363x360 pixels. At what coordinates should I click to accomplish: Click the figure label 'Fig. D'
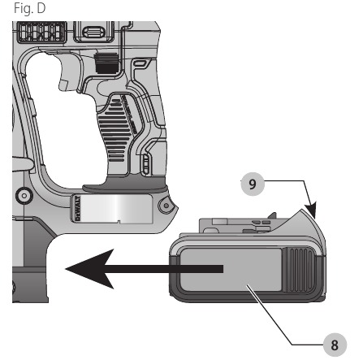tap(29, 8)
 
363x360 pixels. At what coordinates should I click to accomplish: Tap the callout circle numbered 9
tap(253, 184)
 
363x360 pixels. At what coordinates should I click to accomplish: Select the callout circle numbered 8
tap(335, 345)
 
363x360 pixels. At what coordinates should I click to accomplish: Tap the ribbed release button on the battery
tap(299, 271)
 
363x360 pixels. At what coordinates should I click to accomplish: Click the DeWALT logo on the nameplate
tap(77, 208)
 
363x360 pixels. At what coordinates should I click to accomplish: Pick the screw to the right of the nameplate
tap(166, 206)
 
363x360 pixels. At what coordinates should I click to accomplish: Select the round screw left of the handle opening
tap(24, 195)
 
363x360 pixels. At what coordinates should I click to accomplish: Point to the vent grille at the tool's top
tap(41, 32)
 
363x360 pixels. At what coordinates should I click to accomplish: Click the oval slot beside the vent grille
tap(94, 33)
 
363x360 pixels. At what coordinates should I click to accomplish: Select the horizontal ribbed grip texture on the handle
tap(115, 130)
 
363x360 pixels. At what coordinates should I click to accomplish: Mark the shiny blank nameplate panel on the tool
tap(116, 209)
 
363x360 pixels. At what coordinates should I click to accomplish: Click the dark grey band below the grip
tap(125, 184)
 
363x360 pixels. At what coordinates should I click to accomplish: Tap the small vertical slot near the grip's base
tap(145, 164)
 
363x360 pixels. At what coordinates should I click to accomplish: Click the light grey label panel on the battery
tap(231, 270)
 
